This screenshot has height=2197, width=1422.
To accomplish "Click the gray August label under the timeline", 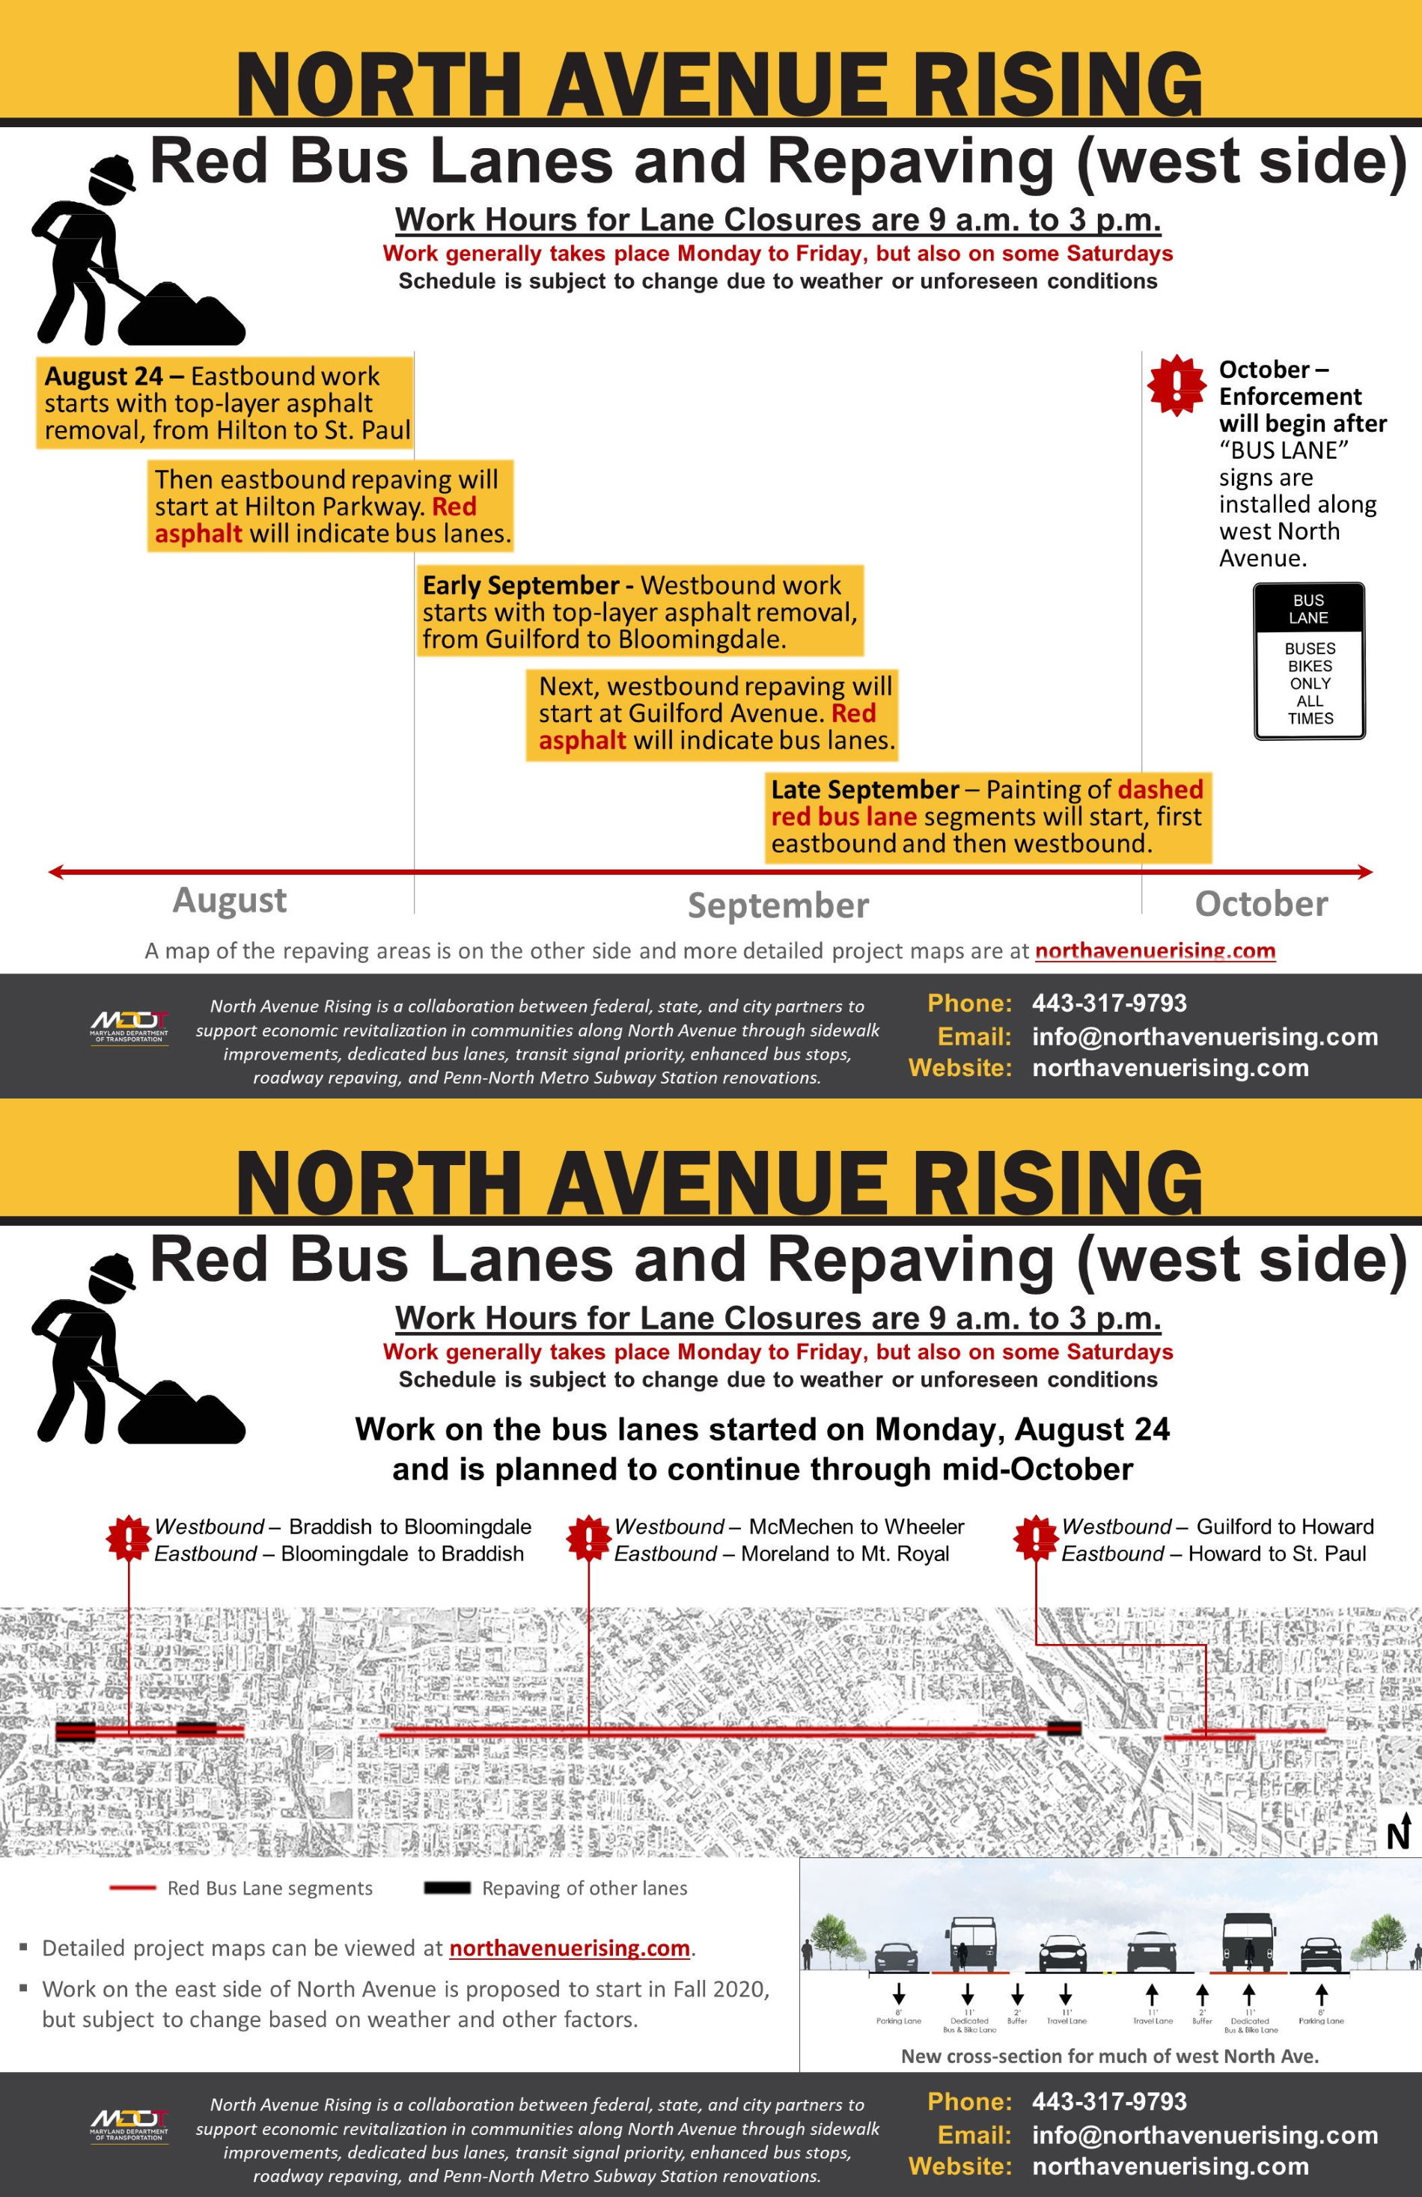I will coord(229,900).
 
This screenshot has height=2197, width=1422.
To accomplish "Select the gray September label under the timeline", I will coord(778,905).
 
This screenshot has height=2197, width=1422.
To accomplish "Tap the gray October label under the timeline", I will coord(1260,904).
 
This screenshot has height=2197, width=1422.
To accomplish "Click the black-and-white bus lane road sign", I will coord(1308,661).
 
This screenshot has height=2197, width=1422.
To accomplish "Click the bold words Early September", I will coord(520,585).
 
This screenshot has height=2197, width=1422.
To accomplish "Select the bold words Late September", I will coord(864,789).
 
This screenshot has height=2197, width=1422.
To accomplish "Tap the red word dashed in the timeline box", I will coord(1160,789).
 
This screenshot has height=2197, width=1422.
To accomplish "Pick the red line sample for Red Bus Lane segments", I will coord(132,1889).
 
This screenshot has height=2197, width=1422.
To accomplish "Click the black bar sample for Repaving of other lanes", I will coord(447,1889).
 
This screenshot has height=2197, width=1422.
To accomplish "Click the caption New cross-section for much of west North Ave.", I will coord(1109,2056).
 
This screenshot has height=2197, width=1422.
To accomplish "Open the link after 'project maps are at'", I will coord(1154,951).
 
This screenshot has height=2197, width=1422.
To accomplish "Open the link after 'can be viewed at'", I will coord(569,1948).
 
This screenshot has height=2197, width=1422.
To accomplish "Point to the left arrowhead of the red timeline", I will coord(55,872).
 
